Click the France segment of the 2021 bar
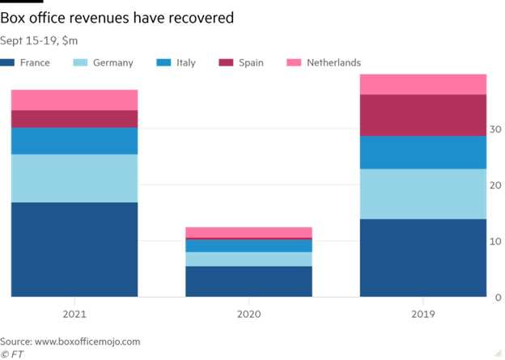coord(74,249)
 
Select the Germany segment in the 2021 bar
coord(74,178)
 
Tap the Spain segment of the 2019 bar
coord(423,115)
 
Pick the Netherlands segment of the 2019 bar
coord(423,84)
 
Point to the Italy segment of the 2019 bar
coord(423,152)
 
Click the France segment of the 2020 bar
coord(248,282)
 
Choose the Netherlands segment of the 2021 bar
coord(74,100)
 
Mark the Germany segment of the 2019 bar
coord(423,194)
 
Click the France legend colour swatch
coord(8,63)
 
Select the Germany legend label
coord(112,63)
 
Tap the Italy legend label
coord(185,63)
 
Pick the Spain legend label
coord(251,63)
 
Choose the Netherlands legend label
coord(333,63)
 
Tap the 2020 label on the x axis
coord(248,313)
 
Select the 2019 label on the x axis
coord(423,313)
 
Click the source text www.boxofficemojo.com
coord(90,341)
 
